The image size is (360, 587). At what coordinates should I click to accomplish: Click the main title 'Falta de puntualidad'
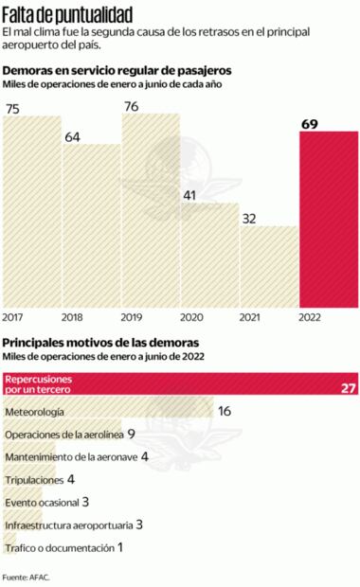67,14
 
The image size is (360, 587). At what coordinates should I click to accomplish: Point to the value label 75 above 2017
13,110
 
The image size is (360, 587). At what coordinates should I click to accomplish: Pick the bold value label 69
309,124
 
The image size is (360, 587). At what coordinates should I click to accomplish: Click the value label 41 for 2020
189,195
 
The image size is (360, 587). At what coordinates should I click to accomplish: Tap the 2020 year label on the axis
190,317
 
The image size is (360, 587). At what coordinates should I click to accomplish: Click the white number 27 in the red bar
347,388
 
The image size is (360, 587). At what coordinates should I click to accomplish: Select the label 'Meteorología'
35,413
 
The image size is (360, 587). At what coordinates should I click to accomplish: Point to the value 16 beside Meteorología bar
225,412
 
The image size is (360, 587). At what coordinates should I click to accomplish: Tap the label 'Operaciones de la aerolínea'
63,435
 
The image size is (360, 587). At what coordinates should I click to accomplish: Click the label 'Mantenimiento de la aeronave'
70,456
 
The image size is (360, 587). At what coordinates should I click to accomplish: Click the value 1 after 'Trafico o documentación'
120,547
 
